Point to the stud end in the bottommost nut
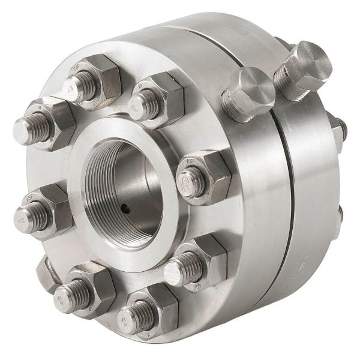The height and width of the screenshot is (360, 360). click(x=131, y=316)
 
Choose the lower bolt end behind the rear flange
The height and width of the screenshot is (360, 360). click(x=340, y=213)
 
